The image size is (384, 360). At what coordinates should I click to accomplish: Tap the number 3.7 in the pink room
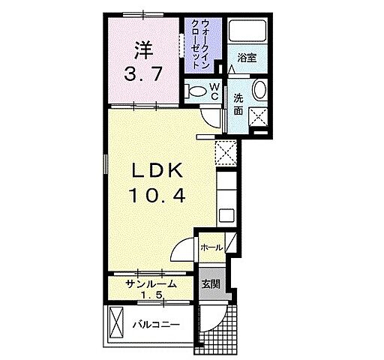(143, 75)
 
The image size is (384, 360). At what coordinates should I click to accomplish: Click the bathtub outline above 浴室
(248, 32)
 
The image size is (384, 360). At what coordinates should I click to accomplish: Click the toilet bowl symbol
(196, 91)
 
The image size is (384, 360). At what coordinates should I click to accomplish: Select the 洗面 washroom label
(237, 103)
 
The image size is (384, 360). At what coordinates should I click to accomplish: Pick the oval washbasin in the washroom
(259, 91)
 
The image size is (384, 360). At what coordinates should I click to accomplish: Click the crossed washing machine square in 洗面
(259, 115)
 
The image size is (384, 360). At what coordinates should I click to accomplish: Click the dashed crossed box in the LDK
(226, 153)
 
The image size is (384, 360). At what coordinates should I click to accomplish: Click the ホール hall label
(211, 247)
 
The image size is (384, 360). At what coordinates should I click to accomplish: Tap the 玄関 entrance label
(211, 283)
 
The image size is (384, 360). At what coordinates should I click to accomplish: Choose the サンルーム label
(150, 284)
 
